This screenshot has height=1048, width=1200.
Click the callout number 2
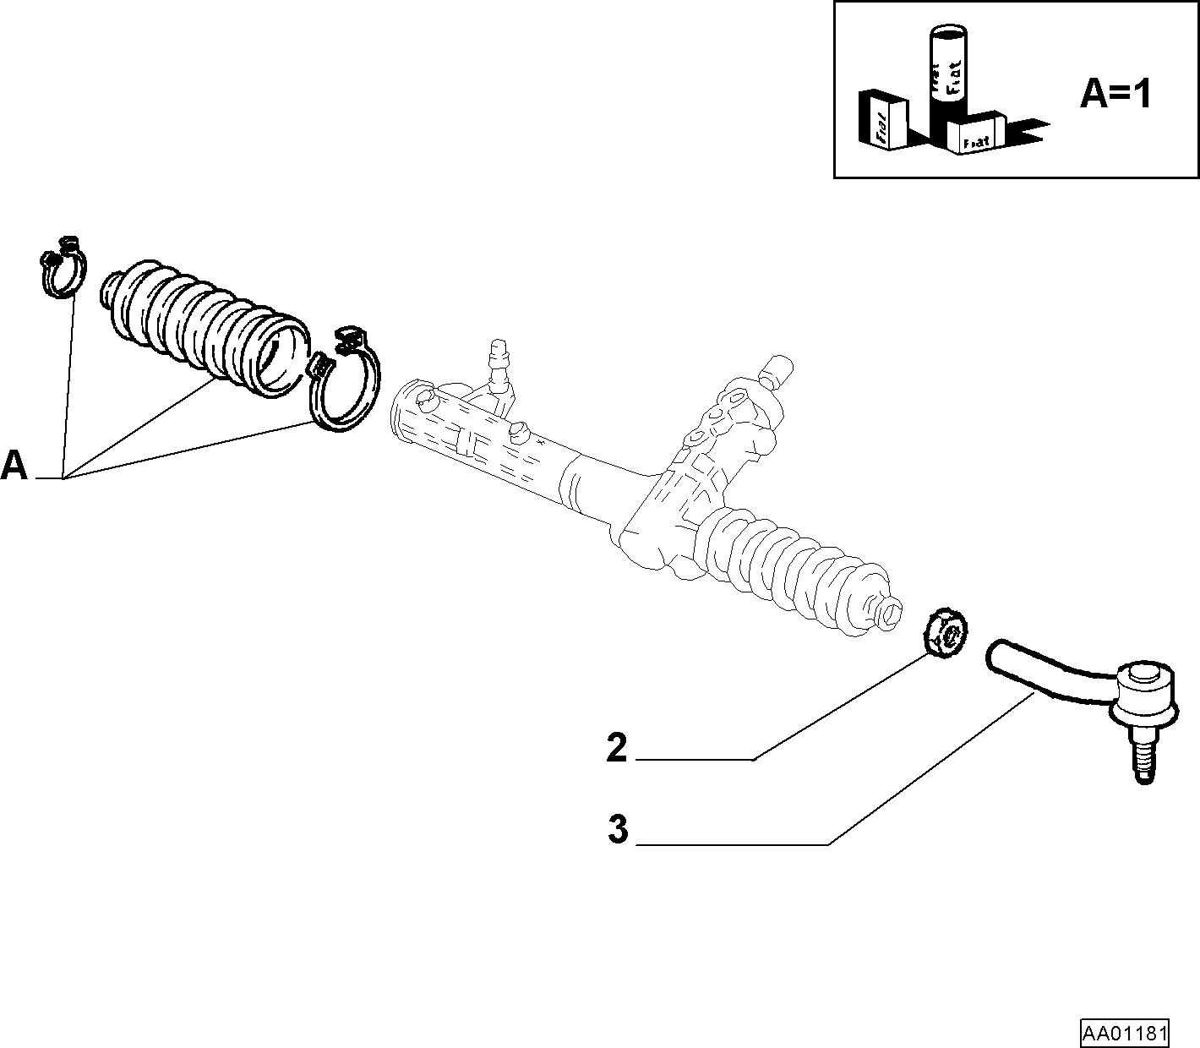(x=616, y=748)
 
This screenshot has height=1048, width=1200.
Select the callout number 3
(x=618, y=829)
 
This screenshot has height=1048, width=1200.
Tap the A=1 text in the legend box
(x=1115, y=95)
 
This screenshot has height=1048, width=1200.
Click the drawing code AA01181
(x=1125, y=1030)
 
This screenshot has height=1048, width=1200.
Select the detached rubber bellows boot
(x=205, y=329)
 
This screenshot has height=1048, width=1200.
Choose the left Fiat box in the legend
(x=883, y=120)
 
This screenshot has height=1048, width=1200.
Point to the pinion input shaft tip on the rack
(x=777, y=370)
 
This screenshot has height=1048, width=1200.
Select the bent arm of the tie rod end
(x=1050, y=669)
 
